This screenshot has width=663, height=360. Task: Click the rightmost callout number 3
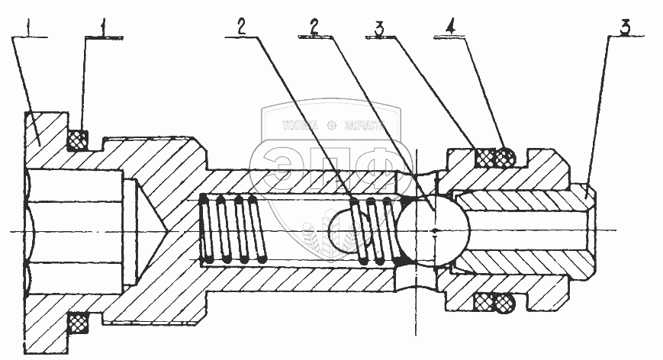click(625, 28)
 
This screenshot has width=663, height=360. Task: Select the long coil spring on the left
click(232, 230)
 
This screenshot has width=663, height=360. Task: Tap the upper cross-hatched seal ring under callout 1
click(76, 140)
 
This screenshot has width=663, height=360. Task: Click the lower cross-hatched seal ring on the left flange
click(76, 323)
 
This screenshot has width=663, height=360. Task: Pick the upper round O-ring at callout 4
click(504, 158)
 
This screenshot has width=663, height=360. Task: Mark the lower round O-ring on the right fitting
click(504, 303)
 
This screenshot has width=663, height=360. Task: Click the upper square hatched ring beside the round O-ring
click(484, 158)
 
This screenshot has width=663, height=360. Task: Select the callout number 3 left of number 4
click(378, 28)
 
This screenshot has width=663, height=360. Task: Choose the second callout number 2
click(313, 25)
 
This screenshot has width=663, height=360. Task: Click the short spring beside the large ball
click(378, 230)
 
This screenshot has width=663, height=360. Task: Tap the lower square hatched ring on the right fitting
click(484, 303)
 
